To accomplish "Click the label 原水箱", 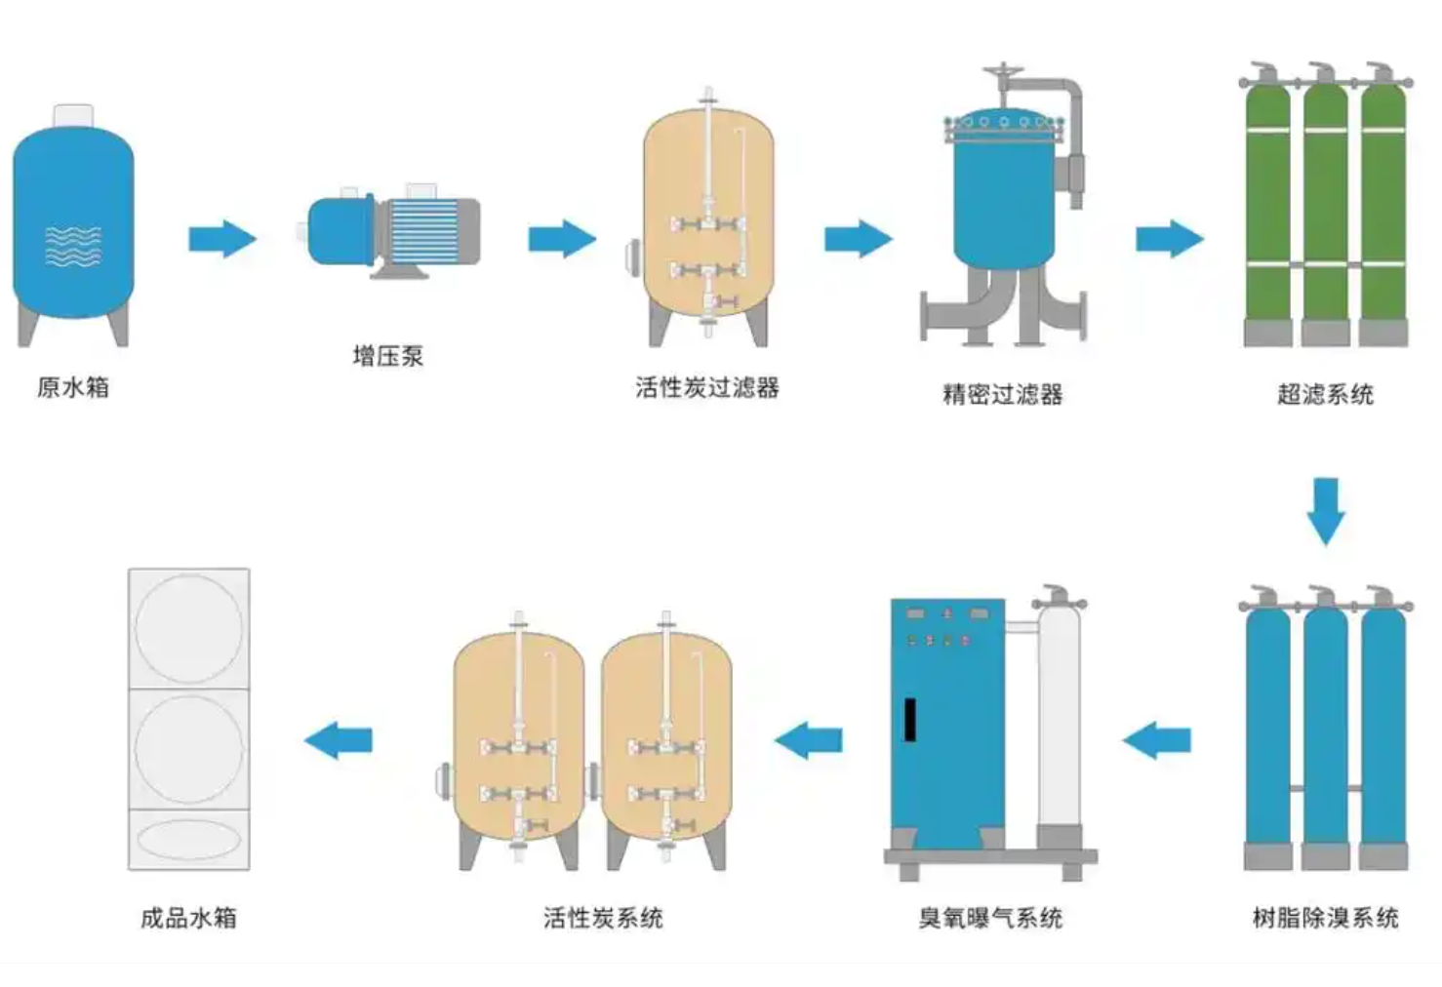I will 73,387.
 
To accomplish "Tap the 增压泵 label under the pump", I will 387,356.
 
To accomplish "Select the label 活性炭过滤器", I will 706,388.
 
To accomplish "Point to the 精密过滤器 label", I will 1002,394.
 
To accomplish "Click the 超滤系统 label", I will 1325,394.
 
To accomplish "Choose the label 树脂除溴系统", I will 1325,918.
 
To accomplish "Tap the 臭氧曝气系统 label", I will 989,918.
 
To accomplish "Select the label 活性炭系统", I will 603,918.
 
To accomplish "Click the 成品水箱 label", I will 188,918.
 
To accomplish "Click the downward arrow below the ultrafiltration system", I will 1325,510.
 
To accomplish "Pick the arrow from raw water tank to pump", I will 221,239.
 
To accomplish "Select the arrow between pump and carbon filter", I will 562,239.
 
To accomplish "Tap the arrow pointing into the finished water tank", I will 339,740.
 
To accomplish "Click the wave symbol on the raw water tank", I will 73,246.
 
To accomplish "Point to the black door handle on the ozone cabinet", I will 909,720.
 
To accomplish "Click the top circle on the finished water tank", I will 188,626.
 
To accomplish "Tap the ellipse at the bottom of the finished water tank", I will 188,840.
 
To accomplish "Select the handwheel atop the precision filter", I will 1002,72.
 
